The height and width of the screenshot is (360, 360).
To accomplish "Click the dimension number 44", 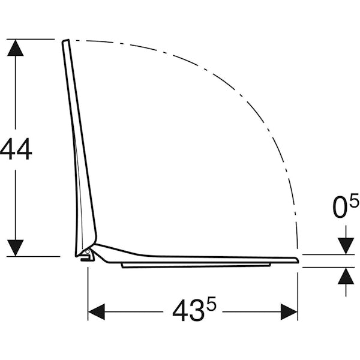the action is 16,149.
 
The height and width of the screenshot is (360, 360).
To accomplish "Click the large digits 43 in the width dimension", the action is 188,310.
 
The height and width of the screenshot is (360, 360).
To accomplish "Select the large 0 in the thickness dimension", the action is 340,206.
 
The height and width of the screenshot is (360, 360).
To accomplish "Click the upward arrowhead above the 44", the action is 16,47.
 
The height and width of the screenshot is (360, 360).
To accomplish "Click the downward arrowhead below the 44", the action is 16,248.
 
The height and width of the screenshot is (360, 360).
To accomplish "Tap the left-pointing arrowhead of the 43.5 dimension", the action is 97,312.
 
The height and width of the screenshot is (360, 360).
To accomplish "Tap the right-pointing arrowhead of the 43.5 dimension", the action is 289,312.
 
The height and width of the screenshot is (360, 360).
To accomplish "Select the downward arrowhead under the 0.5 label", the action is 346,246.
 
